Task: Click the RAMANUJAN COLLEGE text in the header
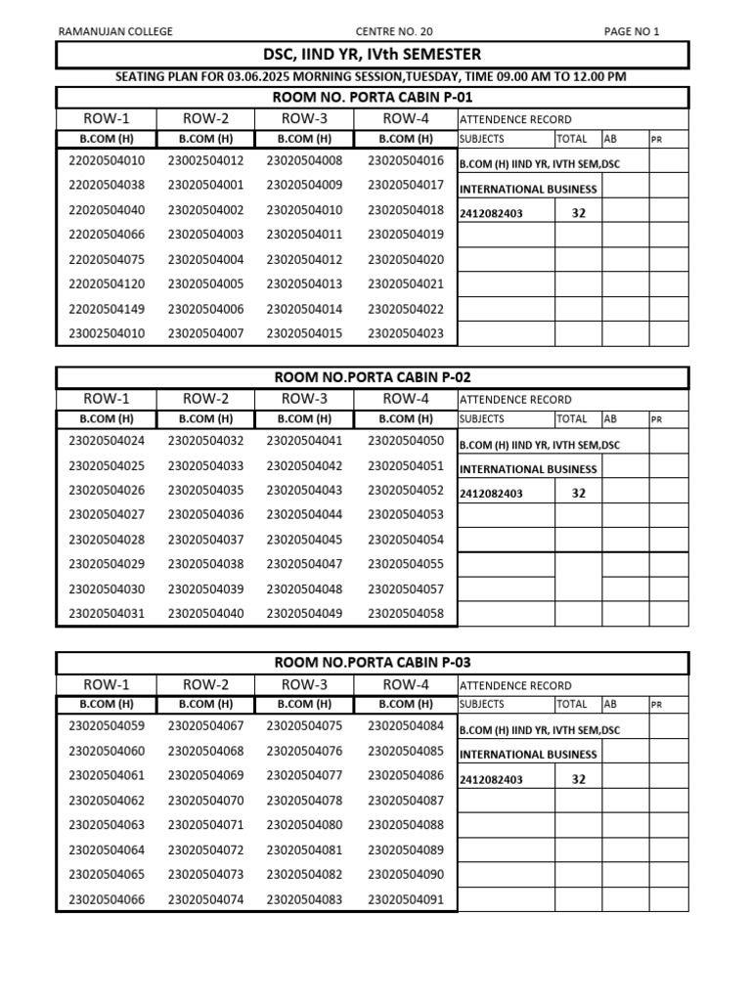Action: (115, 31)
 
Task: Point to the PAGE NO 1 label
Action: (632, 31)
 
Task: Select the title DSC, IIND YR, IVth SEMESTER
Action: (373, 55)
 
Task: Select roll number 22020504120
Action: (107, 284)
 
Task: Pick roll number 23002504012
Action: (206, 160)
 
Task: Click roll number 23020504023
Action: (406, 334)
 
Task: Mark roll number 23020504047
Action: (305, 564)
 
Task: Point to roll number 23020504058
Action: (406, 614)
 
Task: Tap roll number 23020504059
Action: (107, 726)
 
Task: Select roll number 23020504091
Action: (406, 900)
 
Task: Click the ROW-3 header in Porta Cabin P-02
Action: (305, 399)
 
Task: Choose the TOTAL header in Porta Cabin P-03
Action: (571, 704)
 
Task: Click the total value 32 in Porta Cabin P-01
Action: (578, 212)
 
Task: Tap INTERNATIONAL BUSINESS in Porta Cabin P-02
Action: (528, 469)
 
